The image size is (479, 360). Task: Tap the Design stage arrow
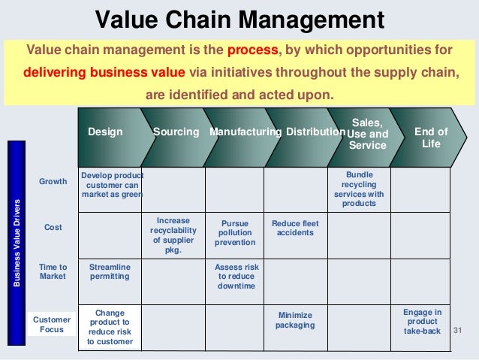(x=106, y=132)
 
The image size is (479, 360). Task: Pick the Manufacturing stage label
(x=245, y=132)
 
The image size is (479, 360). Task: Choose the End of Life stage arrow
(x=430, y=138)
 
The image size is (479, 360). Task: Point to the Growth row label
(x=53, y=181)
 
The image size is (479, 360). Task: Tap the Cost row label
(x=53, y=227)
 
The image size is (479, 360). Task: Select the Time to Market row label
(x=53, y=271)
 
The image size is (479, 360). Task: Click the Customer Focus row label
(x=52, y=325)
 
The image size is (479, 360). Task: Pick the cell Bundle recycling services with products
(x=359, y=189)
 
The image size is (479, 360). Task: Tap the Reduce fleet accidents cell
(x=295, y=228)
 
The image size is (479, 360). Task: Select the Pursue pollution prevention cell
(x=234, y=233)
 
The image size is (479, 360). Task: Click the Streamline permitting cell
(x=110, y=271)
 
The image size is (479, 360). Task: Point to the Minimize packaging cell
(x=295, y=320)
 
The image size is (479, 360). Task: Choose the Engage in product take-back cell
(x=422, y=321)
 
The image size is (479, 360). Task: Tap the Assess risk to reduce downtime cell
(x=234, y=277)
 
